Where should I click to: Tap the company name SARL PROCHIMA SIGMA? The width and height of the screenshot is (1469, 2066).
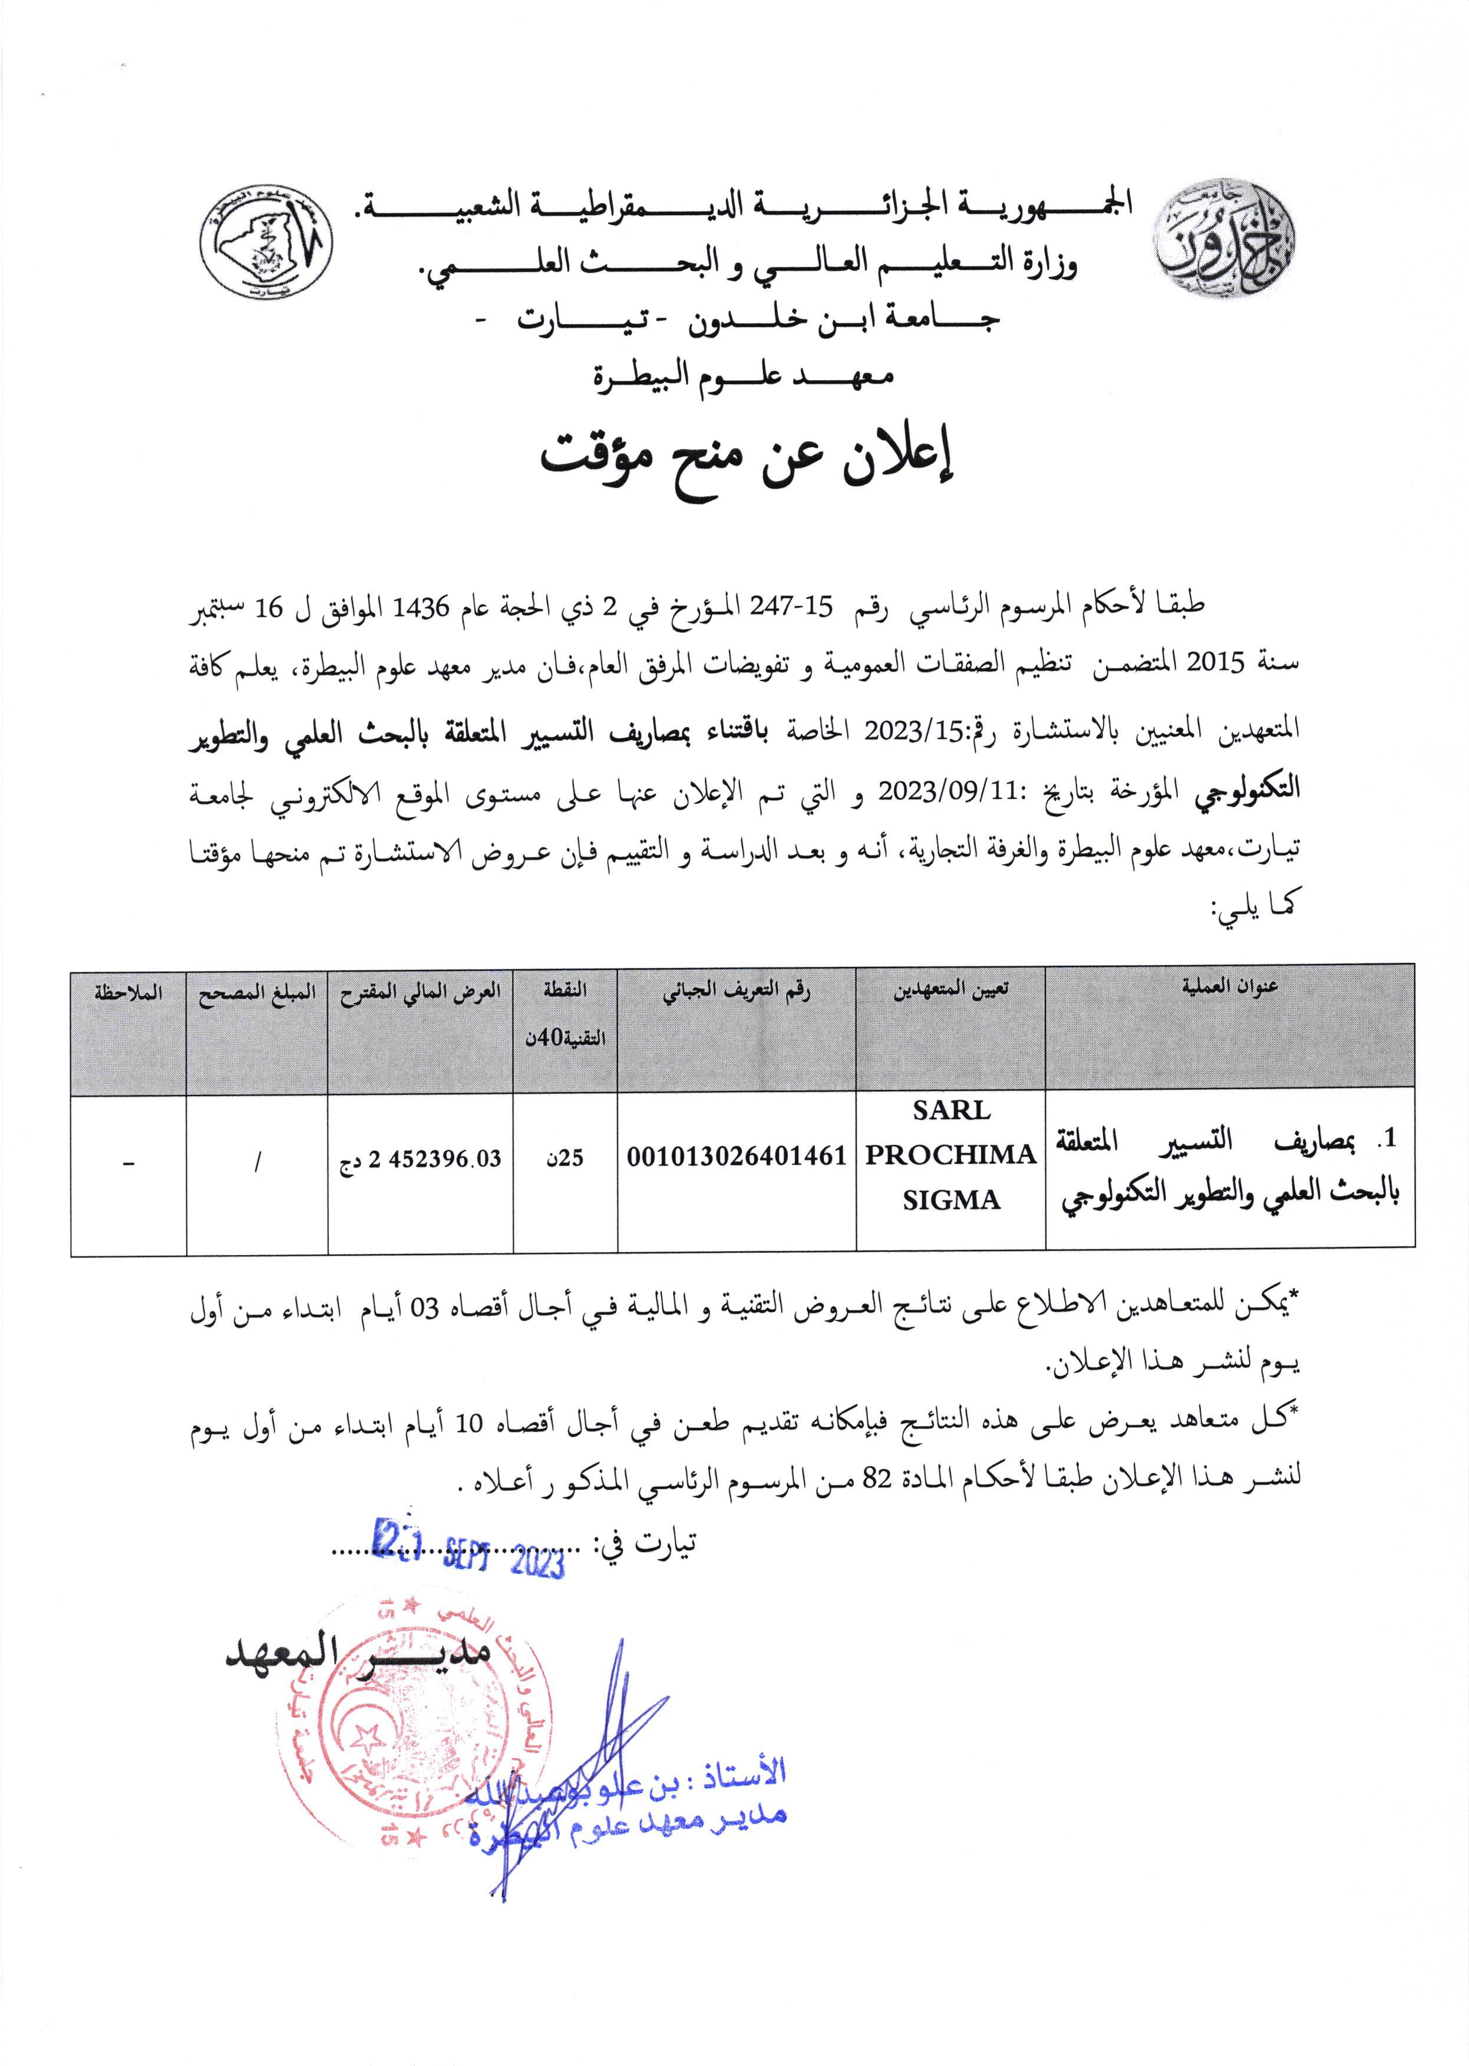coord(950,1154)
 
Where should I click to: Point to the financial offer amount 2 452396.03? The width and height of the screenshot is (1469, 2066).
coord(421,1159)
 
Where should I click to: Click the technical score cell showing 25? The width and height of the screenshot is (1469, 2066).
coord(565,1158)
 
